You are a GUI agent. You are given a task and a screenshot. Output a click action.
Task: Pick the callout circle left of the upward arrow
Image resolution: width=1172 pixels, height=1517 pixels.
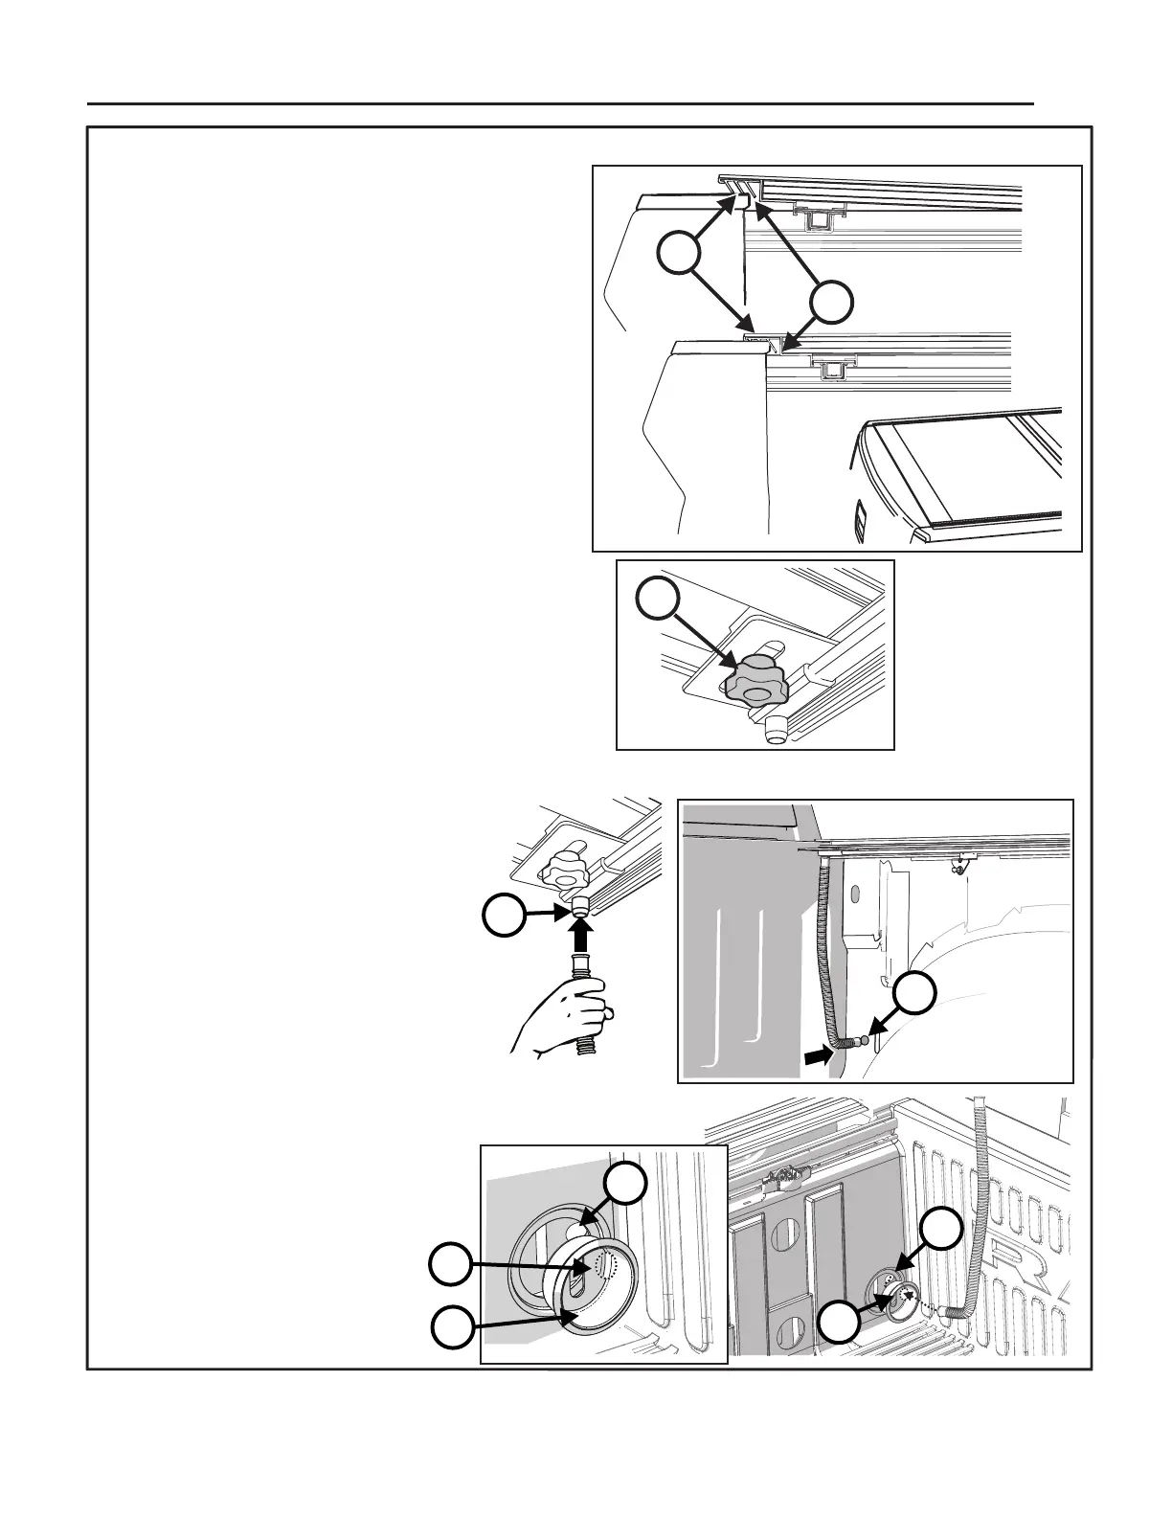tap(503, 917)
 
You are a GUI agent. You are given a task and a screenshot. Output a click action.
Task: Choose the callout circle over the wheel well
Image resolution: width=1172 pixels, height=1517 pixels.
tap(917, 993)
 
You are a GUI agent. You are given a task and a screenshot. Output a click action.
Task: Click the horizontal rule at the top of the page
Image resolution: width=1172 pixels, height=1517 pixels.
tap(560, 102)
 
